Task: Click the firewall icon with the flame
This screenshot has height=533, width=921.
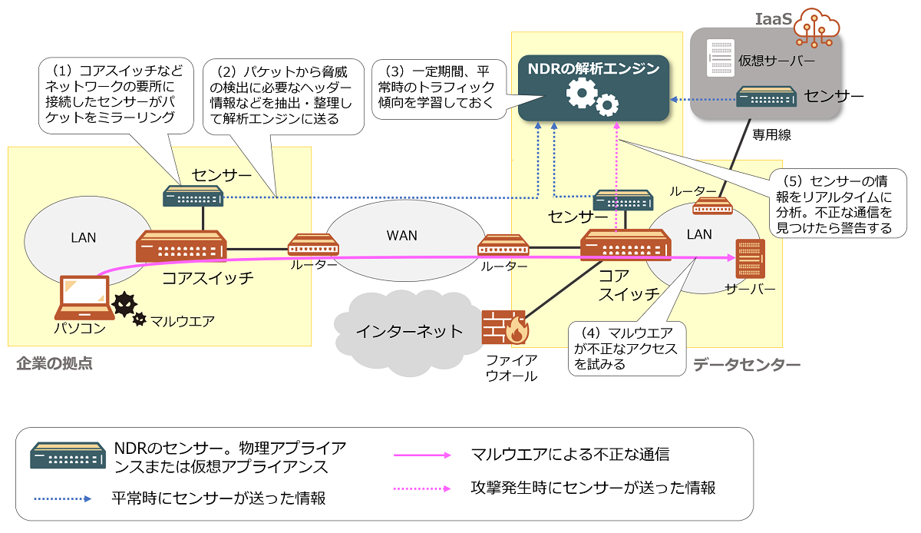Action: coord(504,327)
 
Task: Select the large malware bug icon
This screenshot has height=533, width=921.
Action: coord(125,305)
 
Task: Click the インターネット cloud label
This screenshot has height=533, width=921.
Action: coord(409,331)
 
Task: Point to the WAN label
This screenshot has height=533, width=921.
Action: coord(401,235)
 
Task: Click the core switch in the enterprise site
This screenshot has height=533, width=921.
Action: coord(181,247)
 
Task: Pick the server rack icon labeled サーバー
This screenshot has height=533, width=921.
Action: coord(746,259)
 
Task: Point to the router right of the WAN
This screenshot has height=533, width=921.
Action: coord(503,246)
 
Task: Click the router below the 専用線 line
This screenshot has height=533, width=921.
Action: coord(711,206)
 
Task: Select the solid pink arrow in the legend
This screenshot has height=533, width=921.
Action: coord(423,455)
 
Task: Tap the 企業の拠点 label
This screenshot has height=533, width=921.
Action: coord(54,363)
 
